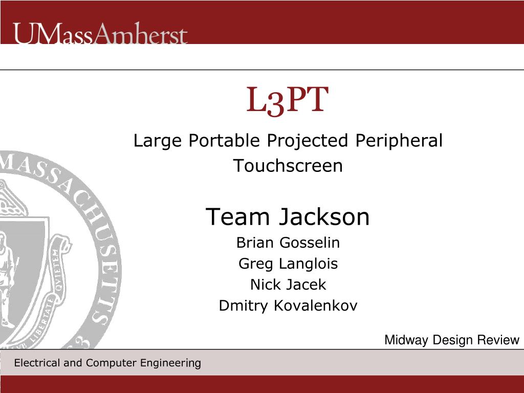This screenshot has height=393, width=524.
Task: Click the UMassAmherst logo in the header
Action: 100,33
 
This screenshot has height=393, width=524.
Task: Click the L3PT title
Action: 288,101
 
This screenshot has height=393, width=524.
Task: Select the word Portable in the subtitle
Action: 224,140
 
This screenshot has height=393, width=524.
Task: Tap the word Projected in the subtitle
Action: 308,141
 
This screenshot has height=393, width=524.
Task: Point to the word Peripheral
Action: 399,141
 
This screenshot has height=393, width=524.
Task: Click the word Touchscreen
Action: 288,165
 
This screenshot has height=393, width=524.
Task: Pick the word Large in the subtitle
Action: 158,141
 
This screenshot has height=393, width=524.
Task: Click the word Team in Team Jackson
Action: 237,216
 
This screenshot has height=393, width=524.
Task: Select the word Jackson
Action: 324,216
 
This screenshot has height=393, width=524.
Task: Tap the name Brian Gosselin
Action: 288,243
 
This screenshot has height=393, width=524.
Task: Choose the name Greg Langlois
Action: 288,264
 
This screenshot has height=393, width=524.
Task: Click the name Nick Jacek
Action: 288,285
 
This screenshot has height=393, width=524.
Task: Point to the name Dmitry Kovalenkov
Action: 288,306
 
